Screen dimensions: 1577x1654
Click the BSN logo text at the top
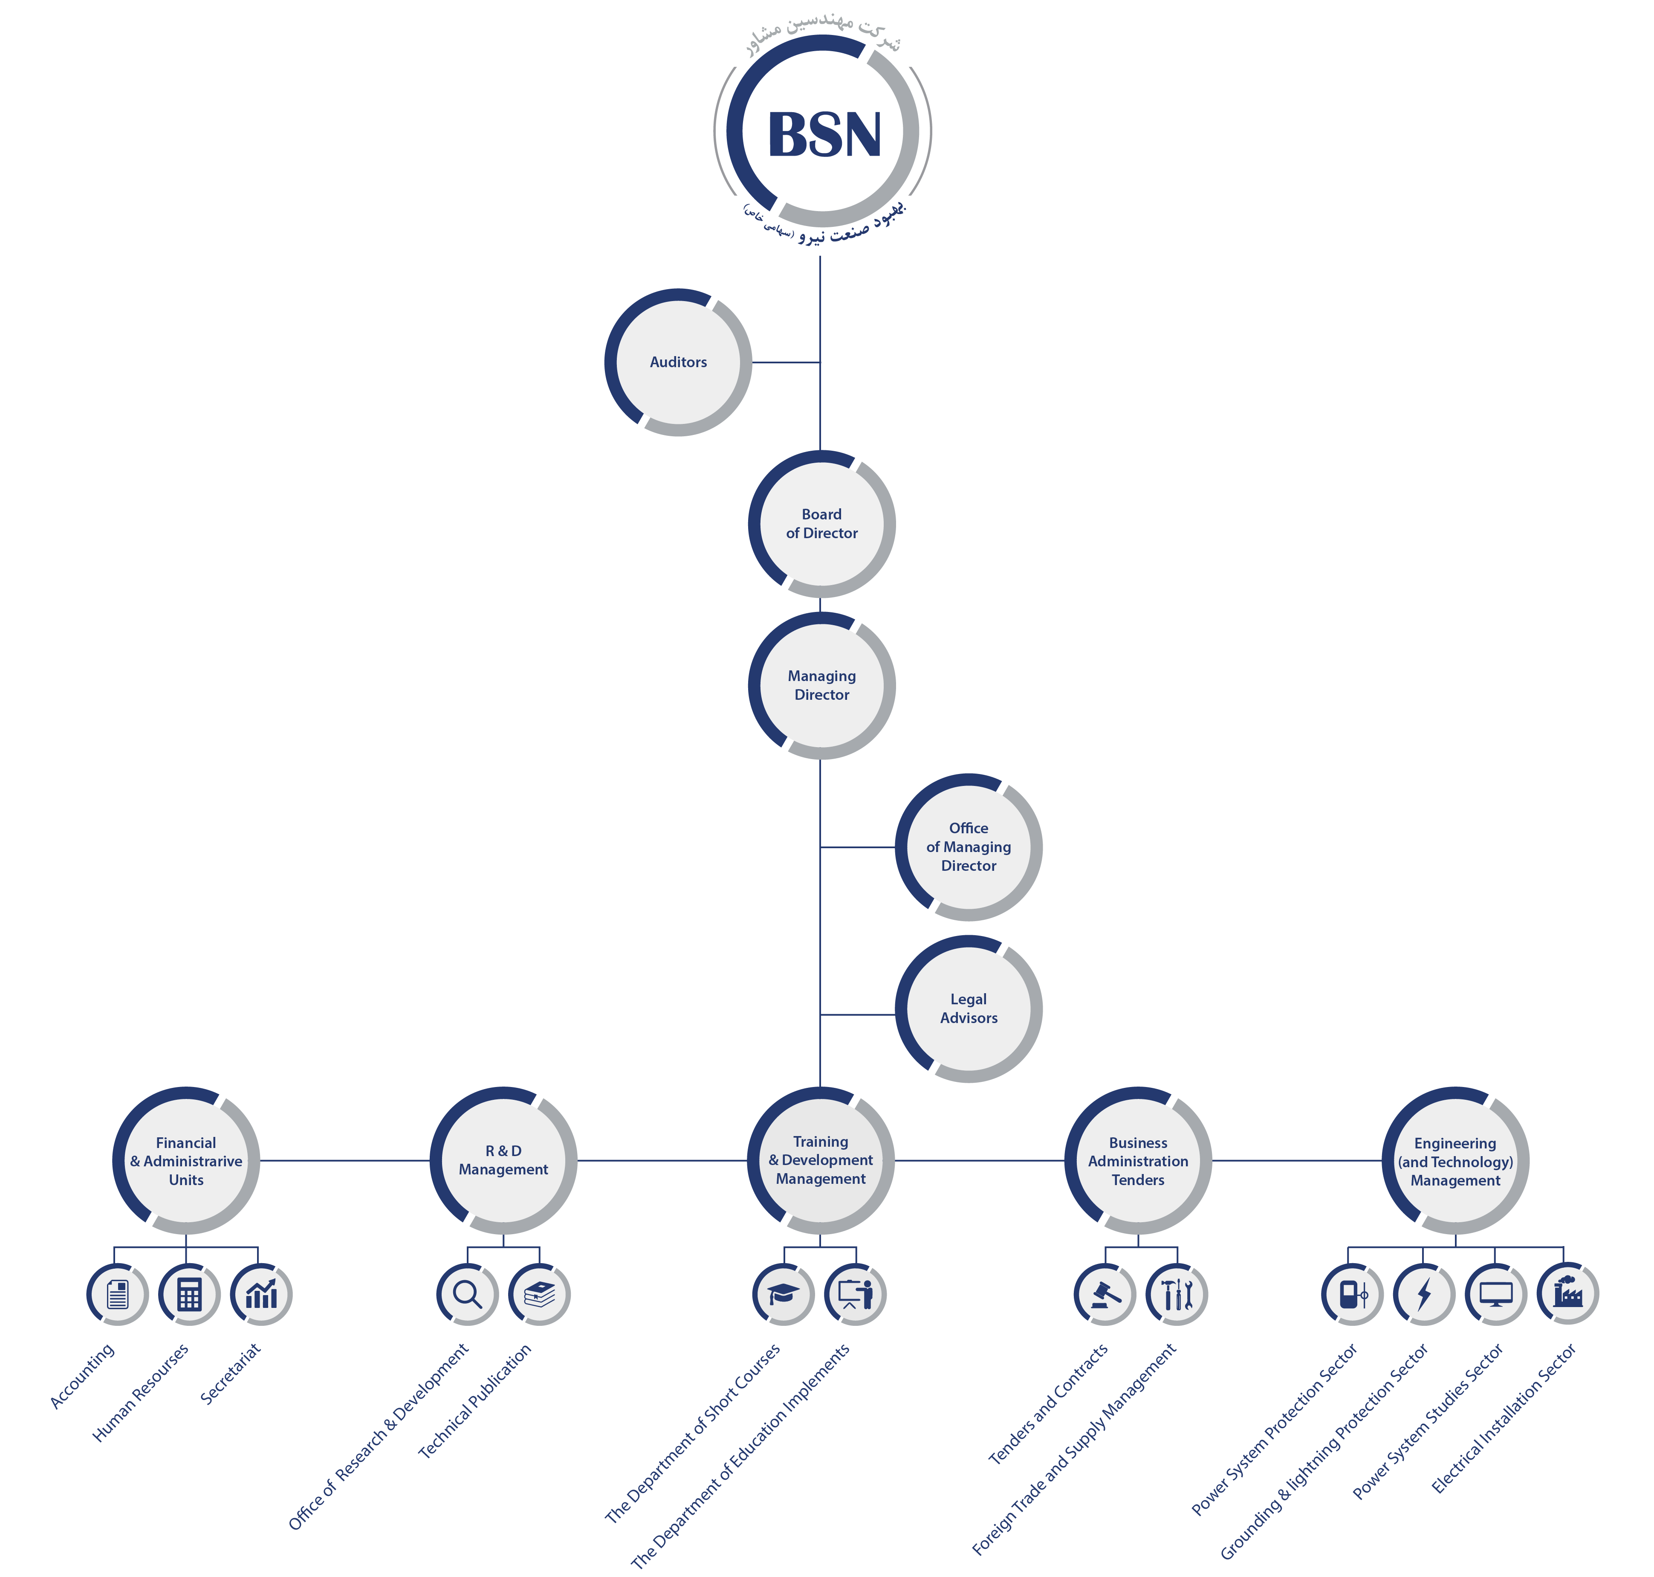(824, 134)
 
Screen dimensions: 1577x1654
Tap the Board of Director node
(821, 524)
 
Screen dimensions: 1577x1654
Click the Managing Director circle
(821, 685)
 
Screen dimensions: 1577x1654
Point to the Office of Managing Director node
(968, 846)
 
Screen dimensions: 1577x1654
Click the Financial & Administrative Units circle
(186, 1161)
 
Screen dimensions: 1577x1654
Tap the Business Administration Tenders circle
(1138, 1161)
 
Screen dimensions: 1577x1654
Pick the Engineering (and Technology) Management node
(1455, 1161)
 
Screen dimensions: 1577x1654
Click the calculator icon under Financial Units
(189, 1295)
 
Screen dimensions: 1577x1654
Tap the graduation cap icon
(783, 1295)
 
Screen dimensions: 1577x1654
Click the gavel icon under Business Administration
(1105, 1295)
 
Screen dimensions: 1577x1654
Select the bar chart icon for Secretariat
(261, 1295)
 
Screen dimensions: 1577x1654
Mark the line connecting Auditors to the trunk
(786, 362)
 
